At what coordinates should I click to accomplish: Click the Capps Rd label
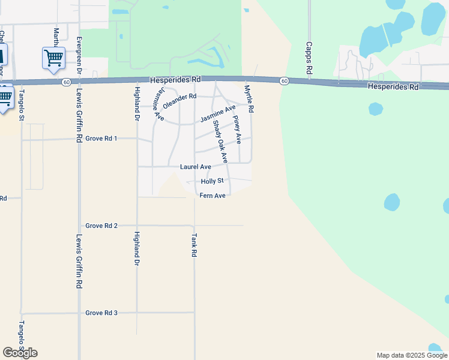pyautogui.click(x=309, y=58)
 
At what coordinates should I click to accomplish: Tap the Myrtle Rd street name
pyautogui.click(x=249, y=99)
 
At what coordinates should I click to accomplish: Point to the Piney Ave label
pyautogui.click(x=237, y=130)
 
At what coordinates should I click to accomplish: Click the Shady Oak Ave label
pyautogui.click(x=220, y=142)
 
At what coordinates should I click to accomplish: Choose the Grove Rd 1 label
pyautogui.click(x=101, y=138)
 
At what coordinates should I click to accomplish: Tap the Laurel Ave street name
pyautogui.click(x=196, y=166)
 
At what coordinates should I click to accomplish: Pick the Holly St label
pyautogui.click(x=212, y=181)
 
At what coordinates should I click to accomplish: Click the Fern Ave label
pyautogui.click(x=212, y=196)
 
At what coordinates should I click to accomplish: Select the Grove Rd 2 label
pyautogui.click(x=101, y=226)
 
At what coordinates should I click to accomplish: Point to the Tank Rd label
pyautogui.click(x=194, y=245)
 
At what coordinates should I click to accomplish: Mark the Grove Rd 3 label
pyautogui.click(x=101, y=313)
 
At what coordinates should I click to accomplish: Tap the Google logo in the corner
pyautogui.click(x=20, y=353)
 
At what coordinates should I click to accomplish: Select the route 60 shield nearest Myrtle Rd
pyautogui.click(x=284, y=81)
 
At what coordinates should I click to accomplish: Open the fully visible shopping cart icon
pyautogui.click(x=53, y=58)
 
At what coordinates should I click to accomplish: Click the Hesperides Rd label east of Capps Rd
pyautogui.click(x=393, y=87)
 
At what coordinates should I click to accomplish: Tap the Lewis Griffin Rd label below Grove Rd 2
pyautogui.click(x=79, y=261)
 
